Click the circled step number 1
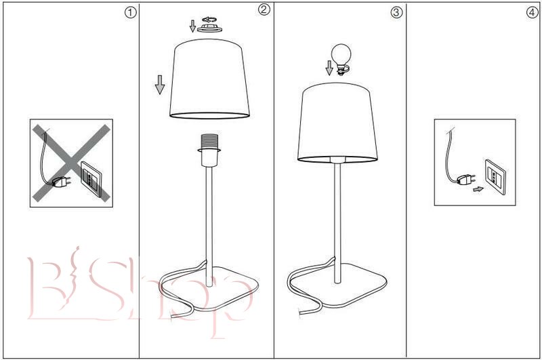tap(130, 13)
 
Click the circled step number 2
tap(264, 9)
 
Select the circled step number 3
tap(396, 12)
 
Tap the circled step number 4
tap(532, 12)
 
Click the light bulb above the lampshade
tap(341, 59)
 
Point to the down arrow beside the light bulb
tap(329, 68)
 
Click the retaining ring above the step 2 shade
tap(209, 28)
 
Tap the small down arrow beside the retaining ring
tap(192, 26)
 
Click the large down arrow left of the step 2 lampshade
tap(160, 85)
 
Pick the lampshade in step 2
tap(209, 79)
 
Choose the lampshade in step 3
tap(337, 123)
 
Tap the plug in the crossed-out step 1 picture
tap(62, 182)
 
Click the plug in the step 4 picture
tap(465, 179)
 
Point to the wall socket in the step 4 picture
tap(495, 177)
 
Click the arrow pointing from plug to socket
tap(478, 189)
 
